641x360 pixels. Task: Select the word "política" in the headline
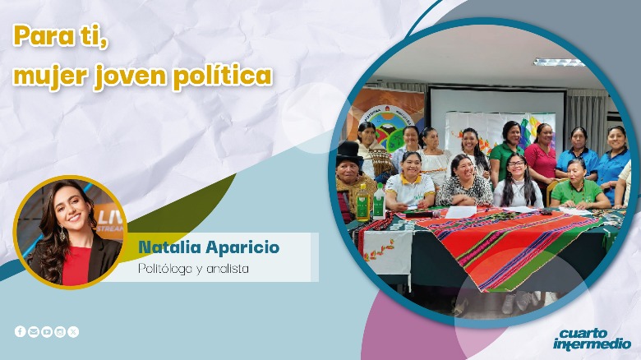pos(223,76)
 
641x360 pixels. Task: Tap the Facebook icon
pos(21,331)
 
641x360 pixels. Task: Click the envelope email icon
pos(34,331)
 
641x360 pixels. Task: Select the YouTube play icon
pos(47,331)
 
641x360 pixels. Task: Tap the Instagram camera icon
pos(60,331)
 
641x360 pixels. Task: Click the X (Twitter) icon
pos(73,331)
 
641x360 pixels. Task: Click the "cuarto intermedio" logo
pos(592,339)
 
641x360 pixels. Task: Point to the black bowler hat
pos(348,153)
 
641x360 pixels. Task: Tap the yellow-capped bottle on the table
pos(362,202)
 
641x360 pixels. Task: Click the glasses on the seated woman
pos(516,164)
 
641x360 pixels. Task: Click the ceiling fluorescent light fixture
pos(559,62)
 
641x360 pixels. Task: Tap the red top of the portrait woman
pos(76,265)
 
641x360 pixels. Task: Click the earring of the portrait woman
pos(62,233)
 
